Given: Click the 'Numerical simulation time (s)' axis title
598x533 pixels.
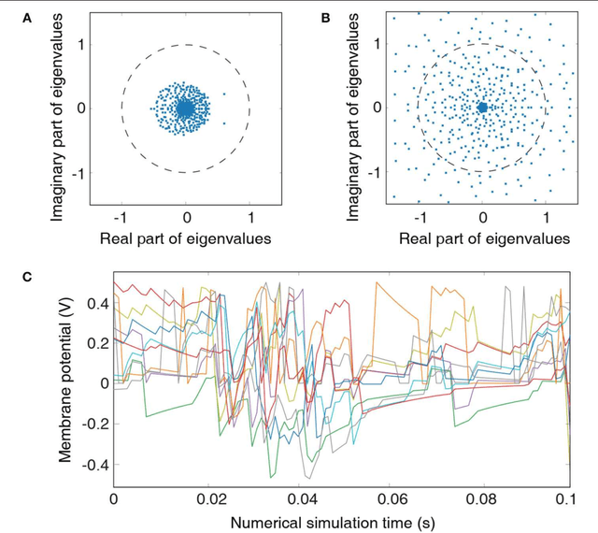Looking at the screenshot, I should [x=341, y=521].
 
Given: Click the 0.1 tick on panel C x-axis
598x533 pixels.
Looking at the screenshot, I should [x=567, y=500].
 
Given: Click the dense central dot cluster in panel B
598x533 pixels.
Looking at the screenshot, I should [x=482, y=108].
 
